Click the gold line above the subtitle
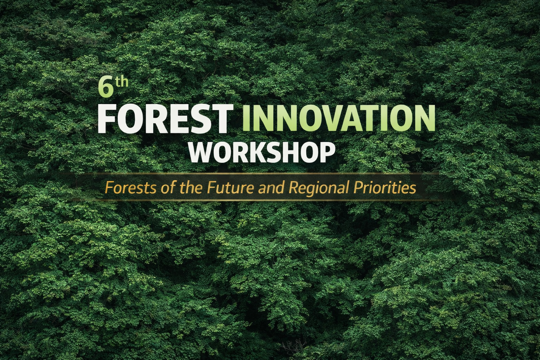point(267,174)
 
